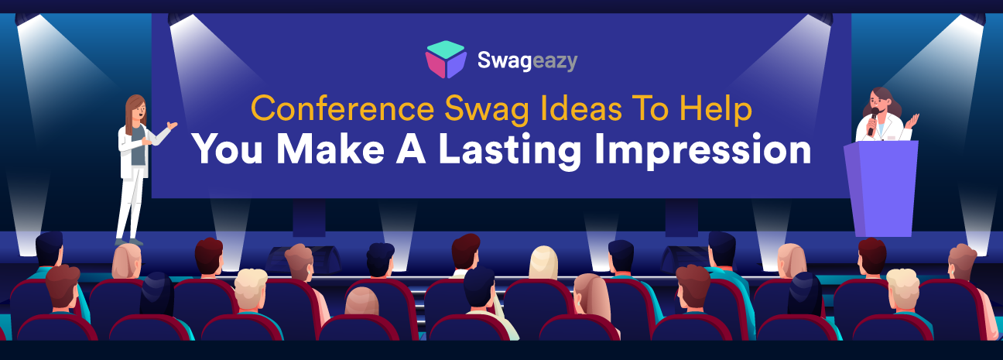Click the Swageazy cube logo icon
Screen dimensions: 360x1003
click(x=446, y=60)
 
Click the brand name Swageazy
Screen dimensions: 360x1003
click(x=526, y=60)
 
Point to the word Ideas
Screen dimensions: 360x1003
click(x=564, y=111)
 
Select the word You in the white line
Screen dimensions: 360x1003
click(x=230, y=150)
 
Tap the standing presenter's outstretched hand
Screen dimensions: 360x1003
click(x=172, y=125)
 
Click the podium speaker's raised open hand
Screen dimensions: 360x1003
click(x=914, y=119)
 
